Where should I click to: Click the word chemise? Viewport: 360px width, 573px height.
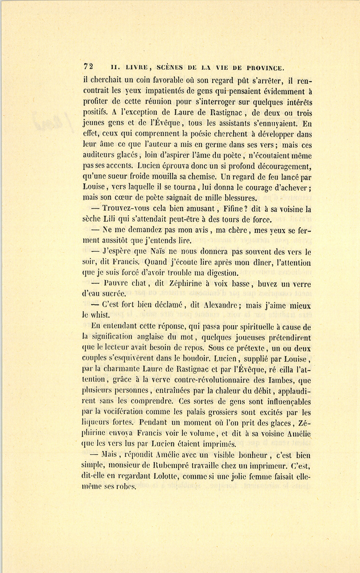(199, 176)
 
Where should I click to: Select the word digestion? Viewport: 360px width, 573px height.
(216, 274)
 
